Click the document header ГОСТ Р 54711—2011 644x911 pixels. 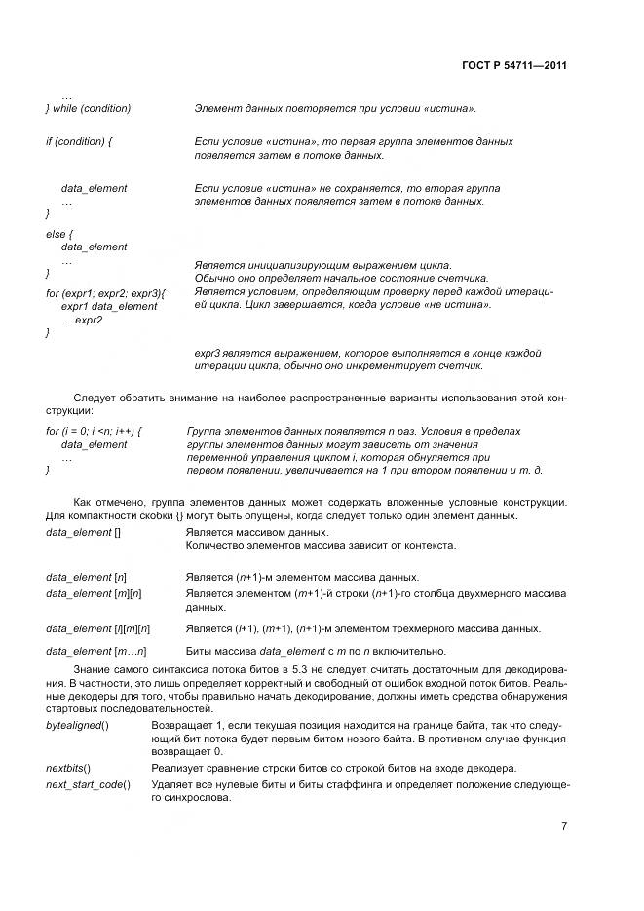click(514, 66)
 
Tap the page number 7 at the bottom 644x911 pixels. click(564, 826)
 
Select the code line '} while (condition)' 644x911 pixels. click(89, 108)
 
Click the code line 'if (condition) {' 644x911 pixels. click(79, 141)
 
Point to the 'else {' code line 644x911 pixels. click(57, 234)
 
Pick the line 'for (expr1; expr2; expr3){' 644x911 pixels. click(106, 292)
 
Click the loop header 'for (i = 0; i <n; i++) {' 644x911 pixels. click(95, 431)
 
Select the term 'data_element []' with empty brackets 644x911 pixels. click(83, 533)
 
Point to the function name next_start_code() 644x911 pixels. click(88, 784)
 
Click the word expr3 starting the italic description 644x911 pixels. click(208, 353)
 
